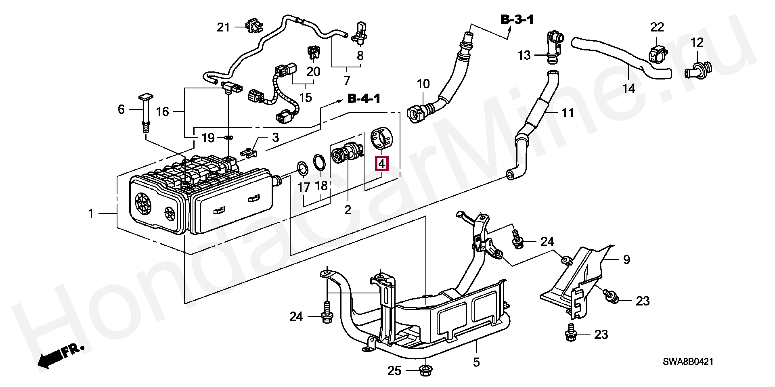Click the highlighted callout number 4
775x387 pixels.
(381, 163)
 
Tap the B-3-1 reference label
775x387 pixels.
(517, 19)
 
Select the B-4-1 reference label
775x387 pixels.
(364, 99)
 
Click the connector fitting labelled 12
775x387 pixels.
(700, 71)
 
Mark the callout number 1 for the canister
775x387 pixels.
(91, 213)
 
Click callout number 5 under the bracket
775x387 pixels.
(476, 362)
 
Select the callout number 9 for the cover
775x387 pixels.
(626, 259)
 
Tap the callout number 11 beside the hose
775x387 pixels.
(568, 113)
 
